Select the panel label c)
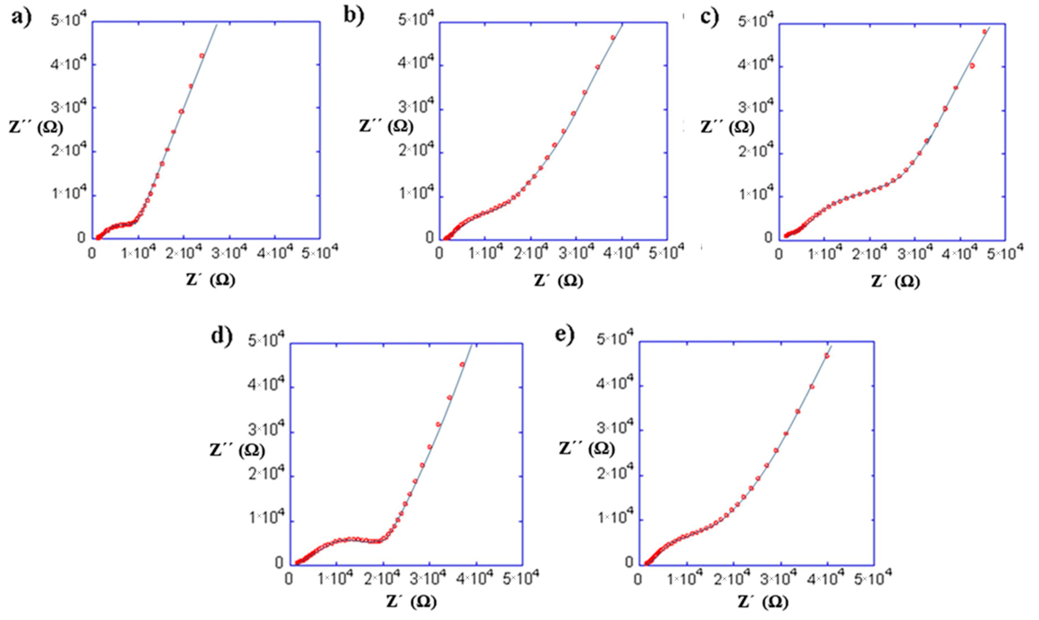tap(709, 17)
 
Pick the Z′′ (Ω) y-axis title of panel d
tap(237, 450)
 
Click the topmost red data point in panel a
tap(202, 56)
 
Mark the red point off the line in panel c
tap(973, 66)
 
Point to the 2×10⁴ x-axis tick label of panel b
tap(530, 253)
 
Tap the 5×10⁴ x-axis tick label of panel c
tap(1006, 253)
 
